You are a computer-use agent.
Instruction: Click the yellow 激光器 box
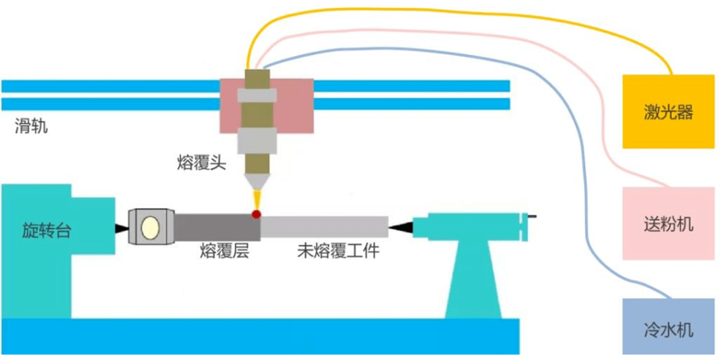coord(668,111)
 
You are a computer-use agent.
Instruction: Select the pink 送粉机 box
coord(668,223)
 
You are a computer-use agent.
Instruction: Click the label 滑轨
coord(31,126)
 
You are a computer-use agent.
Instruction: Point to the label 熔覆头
coord(201,163)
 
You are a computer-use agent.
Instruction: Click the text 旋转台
coord(47,230)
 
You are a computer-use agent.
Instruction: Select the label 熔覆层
coord(224,251)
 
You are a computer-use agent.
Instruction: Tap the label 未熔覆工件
coord(338,251)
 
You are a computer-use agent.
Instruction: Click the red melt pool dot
coord(256,214)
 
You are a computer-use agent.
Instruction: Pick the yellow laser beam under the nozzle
coord(256,200)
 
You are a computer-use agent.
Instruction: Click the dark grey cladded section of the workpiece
coord(217,226)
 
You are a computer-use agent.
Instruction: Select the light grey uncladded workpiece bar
coord(324,227)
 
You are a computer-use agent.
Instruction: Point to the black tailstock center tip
coord(401,227)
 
